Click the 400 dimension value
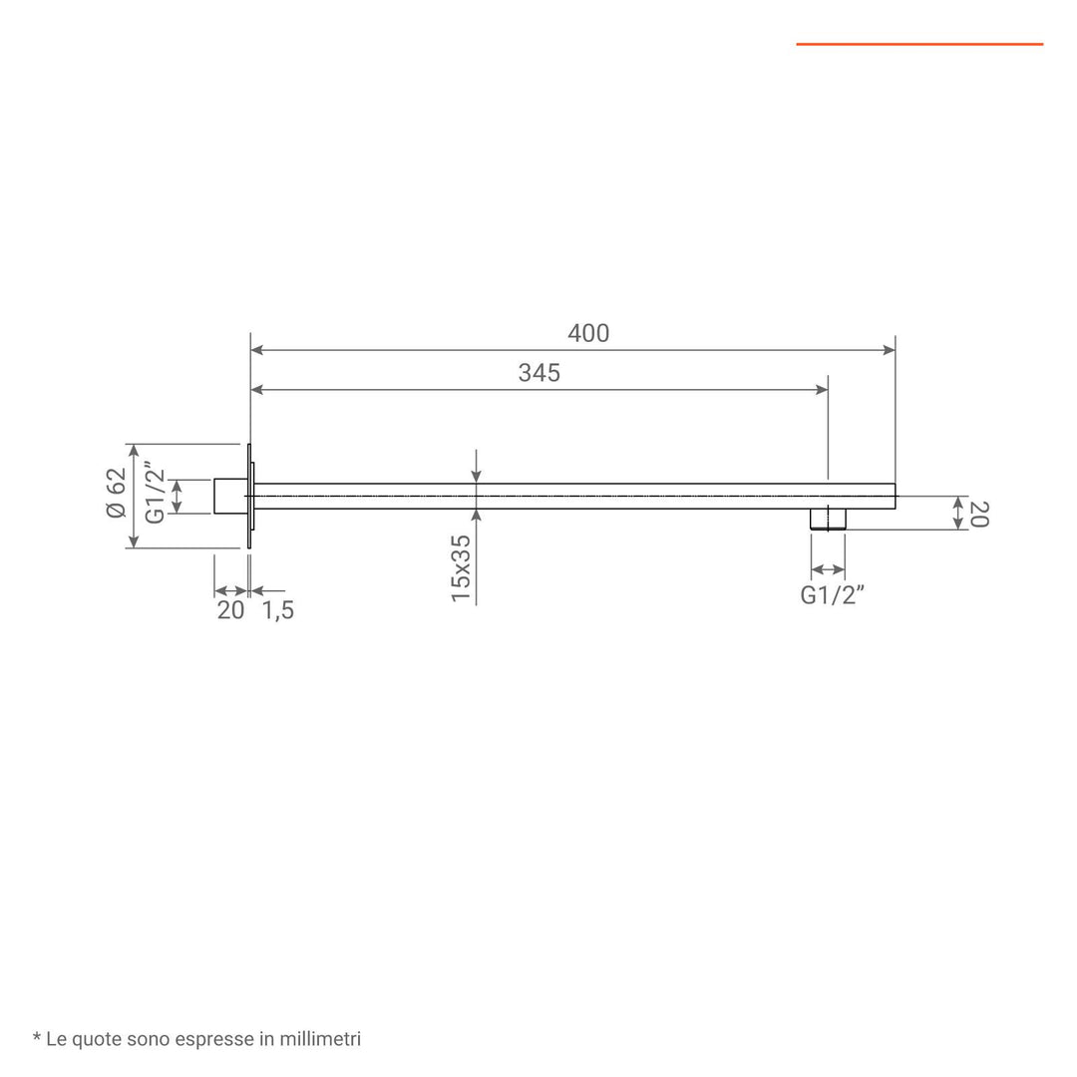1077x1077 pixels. [x=588, y=333]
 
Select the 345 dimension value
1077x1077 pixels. [x=539, y=373]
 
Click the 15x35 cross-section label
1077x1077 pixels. [x=460, y=567]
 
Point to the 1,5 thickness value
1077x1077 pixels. [x=278, y=610]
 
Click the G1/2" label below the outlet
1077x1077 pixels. [x=832, y=595]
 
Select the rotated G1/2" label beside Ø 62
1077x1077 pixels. [x=155, y=493]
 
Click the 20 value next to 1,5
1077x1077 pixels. [x=230, y=610]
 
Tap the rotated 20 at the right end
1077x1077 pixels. [x=978, y=514]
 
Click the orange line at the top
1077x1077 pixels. [x=919, y=44]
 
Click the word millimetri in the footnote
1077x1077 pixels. [x=321, y=1039]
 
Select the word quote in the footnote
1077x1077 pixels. [x=99, y=1039]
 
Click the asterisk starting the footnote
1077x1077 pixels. [x=37, y=1038]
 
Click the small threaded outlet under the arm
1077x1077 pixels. [x=828, y=519]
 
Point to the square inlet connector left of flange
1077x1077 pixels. [x=229, y=496]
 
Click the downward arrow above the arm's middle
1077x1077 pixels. [x=477, y=475]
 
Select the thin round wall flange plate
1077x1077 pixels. [x=248, y=496]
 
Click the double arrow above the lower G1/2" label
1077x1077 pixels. [x=828, y=570]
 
